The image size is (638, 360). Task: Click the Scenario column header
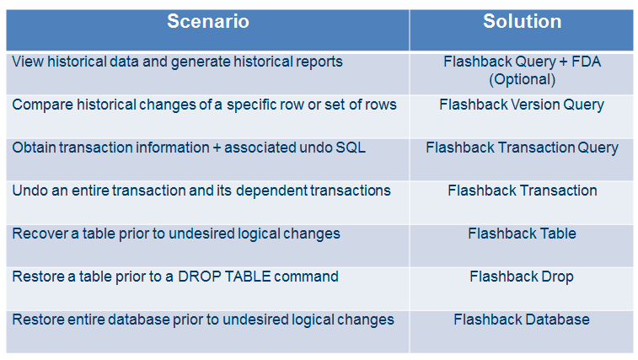(x=207, y=22)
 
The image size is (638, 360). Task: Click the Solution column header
(x=522, y=22)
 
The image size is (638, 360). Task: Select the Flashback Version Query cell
(x=522, y=105)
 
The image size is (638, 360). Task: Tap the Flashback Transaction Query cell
(x=522, y=148)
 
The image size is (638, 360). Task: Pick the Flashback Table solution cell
(x=522, y=234)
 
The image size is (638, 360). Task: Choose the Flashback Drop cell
(x=522, y=277)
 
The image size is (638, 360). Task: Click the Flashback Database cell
(x=522, y=320)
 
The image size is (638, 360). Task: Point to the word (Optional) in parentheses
(x=522, y=80)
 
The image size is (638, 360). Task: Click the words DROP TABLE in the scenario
(x=217, y=277)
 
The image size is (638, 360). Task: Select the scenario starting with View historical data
(x=177, y=62)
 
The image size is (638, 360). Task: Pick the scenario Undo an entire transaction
(x=201, y=191)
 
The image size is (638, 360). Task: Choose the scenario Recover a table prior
(x=175, y=234)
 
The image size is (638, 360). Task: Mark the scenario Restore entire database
(x=202, y=320)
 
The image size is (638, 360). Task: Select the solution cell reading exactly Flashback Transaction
(x=522, y=191)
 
